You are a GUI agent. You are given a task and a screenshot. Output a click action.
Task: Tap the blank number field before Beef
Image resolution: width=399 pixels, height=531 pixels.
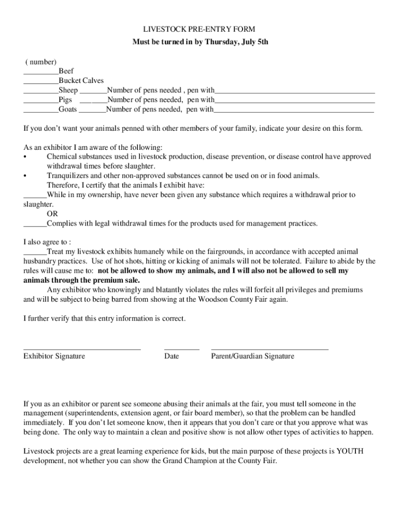click(41, 74)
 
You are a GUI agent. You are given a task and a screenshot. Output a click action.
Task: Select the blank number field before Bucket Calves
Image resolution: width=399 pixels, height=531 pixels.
click(41, 83)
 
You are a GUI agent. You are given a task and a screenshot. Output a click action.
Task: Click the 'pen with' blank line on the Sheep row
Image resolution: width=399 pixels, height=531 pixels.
click(294, 93)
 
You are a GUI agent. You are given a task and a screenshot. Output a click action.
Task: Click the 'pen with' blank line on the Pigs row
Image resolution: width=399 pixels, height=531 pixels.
click(294, 103)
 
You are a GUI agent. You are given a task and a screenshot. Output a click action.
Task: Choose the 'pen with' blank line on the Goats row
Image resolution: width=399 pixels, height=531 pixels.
click(294, 112)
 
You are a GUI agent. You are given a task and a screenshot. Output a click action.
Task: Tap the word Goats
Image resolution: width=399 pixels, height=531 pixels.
click(68, 109)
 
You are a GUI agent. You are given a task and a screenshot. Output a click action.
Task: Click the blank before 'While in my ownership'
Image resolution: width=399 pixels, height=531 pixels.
click(35, 198)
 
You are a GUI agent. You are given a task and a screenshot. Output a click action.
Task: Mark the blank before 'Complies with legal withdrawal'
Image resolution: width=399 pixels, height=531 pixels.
click(35, 227)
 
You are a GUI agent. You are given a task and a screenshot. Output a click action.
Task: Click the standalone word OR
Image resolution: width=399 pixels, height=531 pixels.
click(52, 214)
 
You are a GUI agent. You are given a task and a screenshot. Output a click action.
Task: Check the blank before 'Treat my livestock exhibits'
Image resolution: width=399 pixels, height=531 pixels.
click(35, 255)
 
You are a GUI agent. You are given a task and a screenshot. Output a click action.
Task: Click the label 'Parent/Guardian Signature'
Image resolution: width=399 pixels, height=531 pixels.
click(252, 356)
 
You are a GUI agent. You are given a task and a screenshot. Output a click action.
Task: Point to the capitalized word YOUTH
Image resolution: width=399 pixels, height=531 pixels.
click(350, 451)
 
